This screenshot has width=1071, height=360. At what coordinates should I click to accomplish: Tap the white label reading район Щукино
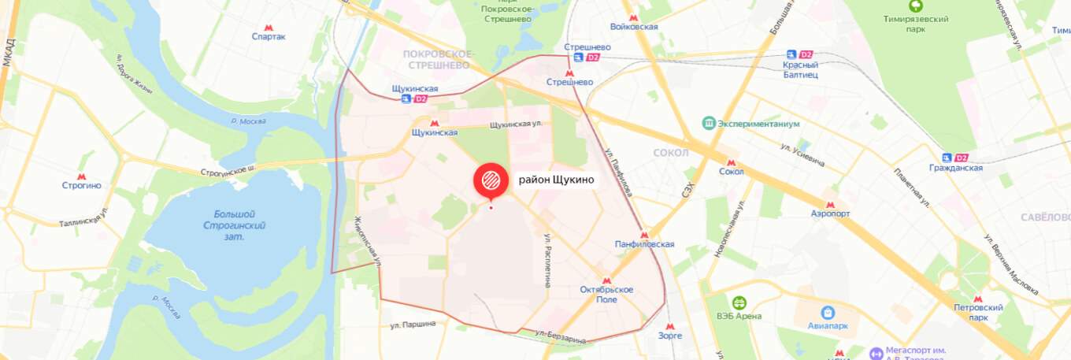(x=556, y=180)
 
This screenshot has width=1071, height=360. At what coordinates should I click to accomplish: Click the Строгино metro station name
(x=82, y=186)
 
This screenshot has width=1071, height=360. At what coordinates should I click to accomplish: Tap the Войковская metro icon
(x=634, y=17)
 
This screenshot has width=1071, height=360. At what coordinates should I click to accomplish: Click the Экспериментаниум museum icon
(x=709, y=124)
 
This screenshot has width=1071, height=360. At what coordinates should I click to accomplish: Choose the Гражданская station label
(x=957, y=168)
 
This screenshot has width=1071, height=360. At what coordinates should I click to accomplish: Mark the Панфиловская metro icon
(x=644, y=235)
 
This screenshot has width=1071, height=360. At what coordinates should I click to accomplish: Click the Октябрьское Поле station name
(x=606, y=295)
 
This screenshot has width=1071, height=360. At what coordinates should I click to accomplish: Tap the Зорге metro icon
(x=670, y=326)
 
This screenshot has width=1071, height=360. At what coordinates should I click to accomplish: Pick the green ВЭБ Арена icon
(x=739, y=302)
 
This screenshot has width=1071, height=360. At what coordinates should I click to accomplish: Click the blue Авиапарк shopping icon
(x=827, y=314)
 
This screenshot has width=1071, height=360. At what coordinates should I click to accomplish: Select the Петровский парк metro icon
(x=978, y=300)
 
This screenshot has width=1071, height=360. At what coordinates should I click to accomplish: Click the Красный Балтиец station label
(x=800, y=69)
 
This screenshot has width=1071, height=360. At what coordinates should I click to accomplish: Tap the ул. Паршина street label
(x=413, y=325)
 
